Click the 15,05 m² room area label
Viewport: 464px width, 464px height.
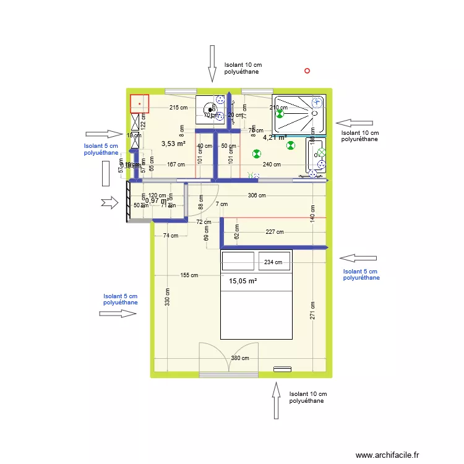[243, 281]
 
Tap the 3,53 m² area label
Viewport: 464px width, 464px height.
[173, 144]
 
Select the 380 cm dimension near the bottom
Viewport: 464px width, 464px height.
[240, 358]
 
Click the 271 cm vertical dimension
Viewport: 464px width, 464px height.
[314, 311]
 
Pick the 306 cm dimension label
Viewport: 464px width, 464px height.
[257, 195]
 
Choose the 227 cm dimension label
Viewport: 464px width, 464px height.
[275, 233]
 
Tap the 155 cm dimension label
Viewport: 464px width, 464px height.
[189, 275]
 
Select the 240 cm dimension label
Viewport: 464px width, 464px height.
[272, 165]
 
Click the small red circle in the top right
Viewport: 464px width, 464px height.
[307, 71]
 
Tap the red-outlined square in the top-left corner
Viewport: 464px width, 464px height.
[139, 103]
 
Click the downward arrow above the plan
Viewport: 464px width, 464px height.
[212, 63]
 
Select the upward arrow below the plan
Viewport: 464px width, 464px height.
[275, 400]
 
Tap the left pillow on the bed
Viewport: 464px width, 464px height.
[238, 262]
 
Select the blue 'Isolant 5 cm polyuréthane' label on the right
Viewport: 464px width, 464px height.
[361, 275]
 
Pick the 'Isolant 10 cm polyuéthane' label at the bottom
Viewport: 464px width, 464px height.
[307, 397]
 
